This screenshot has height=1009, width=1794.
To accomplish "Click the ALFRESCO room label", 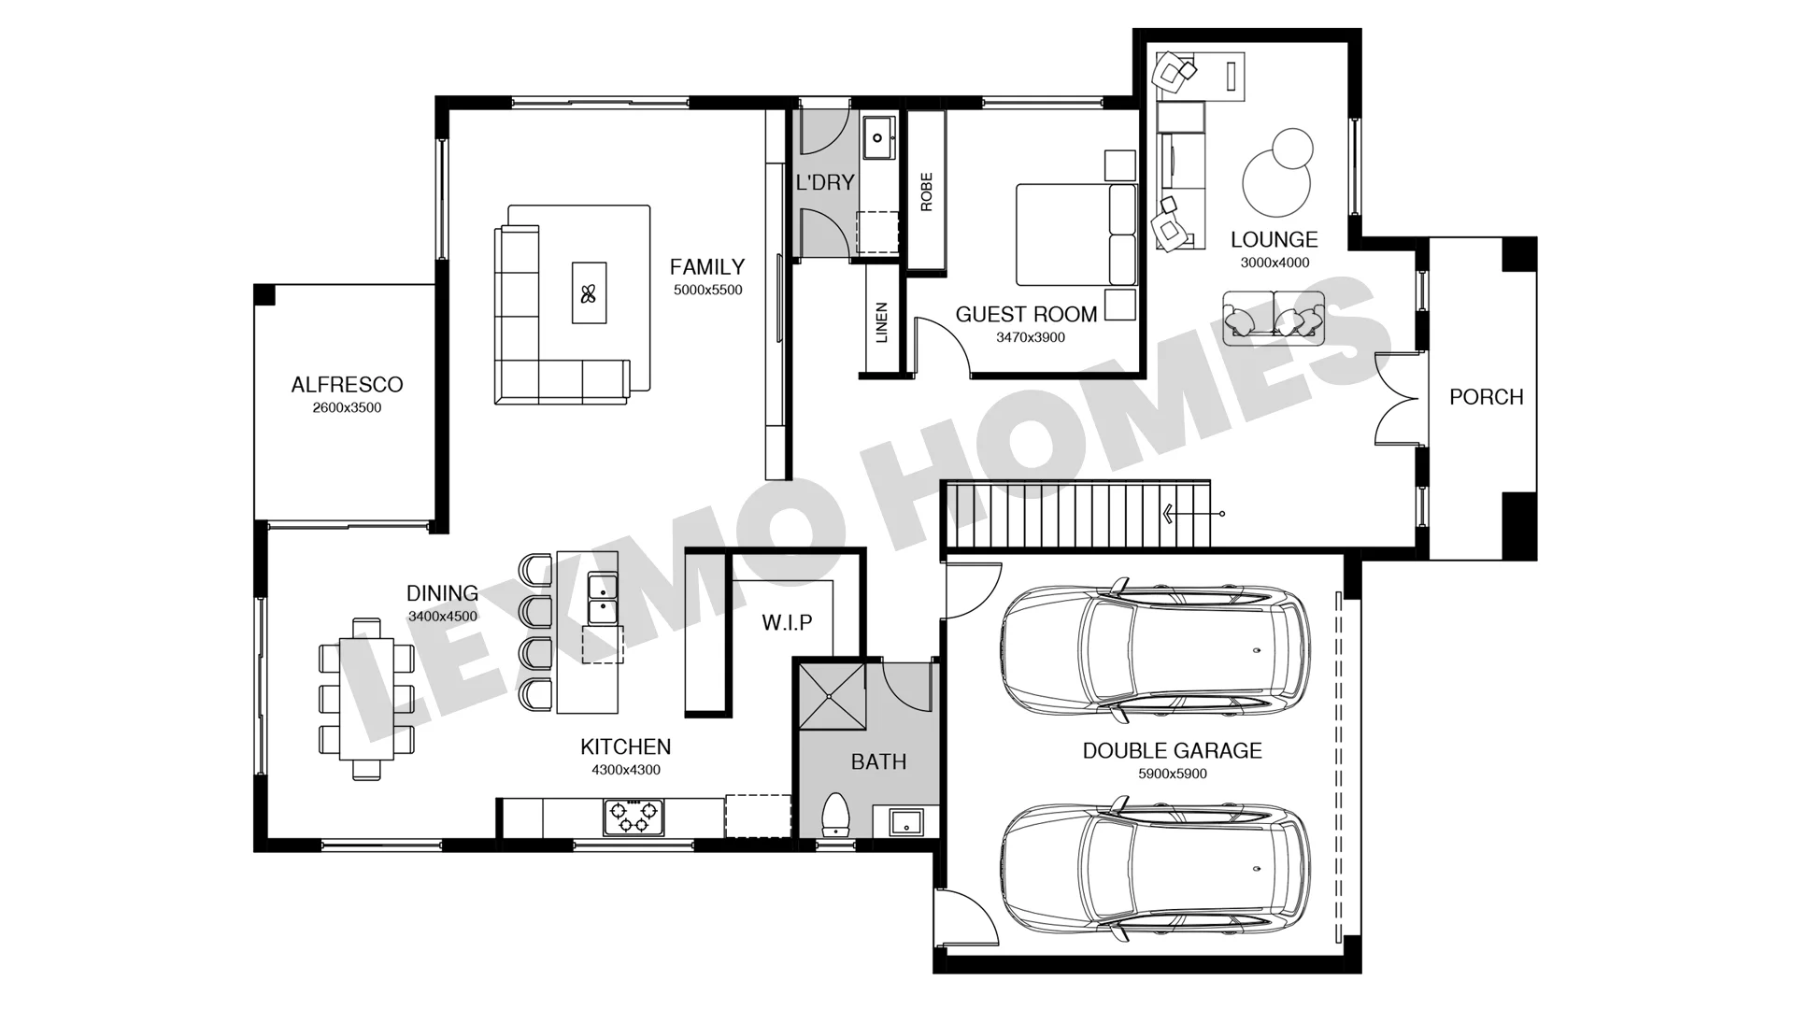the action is (347, 384).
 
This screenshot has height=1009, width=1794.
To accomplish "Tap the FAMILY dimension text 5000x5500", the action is (707, 290).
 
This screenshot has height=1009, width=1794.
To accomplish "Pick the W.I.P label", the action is (787, 622).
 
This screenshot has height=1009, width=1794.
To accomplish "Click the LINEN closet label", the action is (881, 322).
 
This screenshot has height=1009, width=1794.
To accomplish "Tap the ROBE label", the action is (927, 192).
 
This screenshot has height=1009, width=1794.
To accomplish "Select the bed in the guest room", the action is (1076, 234).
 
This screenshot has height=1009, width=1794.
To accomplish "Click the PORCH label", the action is (1486, 397).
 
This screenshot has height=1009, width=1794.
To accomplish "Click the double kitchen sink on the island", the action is (602, 599).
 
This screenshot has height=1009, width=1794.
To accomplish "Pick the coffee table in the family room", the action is (589, 292).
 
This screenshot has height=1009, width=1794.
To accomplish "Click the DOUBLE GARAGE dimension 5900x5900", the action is (1172, 774).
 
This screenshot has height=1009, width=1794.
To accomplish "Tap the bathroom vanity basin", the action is (905, 822).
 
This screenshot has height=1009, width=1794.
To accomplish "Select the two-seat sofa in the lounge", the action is (1274, 318).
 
